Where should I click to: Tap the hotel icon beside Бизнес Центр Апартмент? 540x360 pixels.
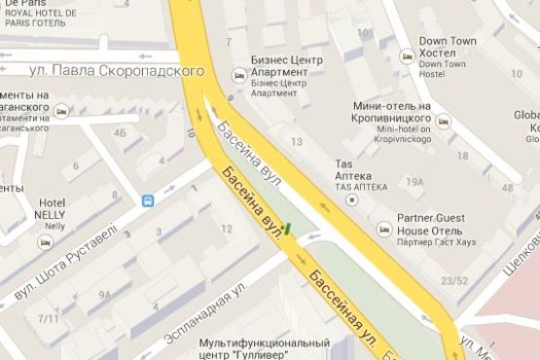pos(238,75)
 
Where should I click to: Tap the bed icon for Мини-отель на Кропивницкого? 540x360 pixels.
pos(443,122)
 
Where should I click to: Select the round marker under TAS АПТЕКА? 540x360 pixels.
pos(352,198)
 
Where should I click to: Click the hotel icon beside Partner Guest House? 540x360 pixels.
pos(383,228)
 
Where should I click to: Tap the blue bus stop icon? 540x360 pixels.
pos(148,201)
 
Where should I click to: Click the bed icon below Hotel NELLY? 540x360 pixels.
pos(43,242)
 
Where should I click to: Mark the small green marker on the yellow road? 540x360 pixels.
pos(289,231)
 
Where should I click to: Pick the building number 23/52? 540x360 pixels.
pos(454,282)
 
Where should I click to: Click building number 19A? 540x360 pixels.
pos(415,182)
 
